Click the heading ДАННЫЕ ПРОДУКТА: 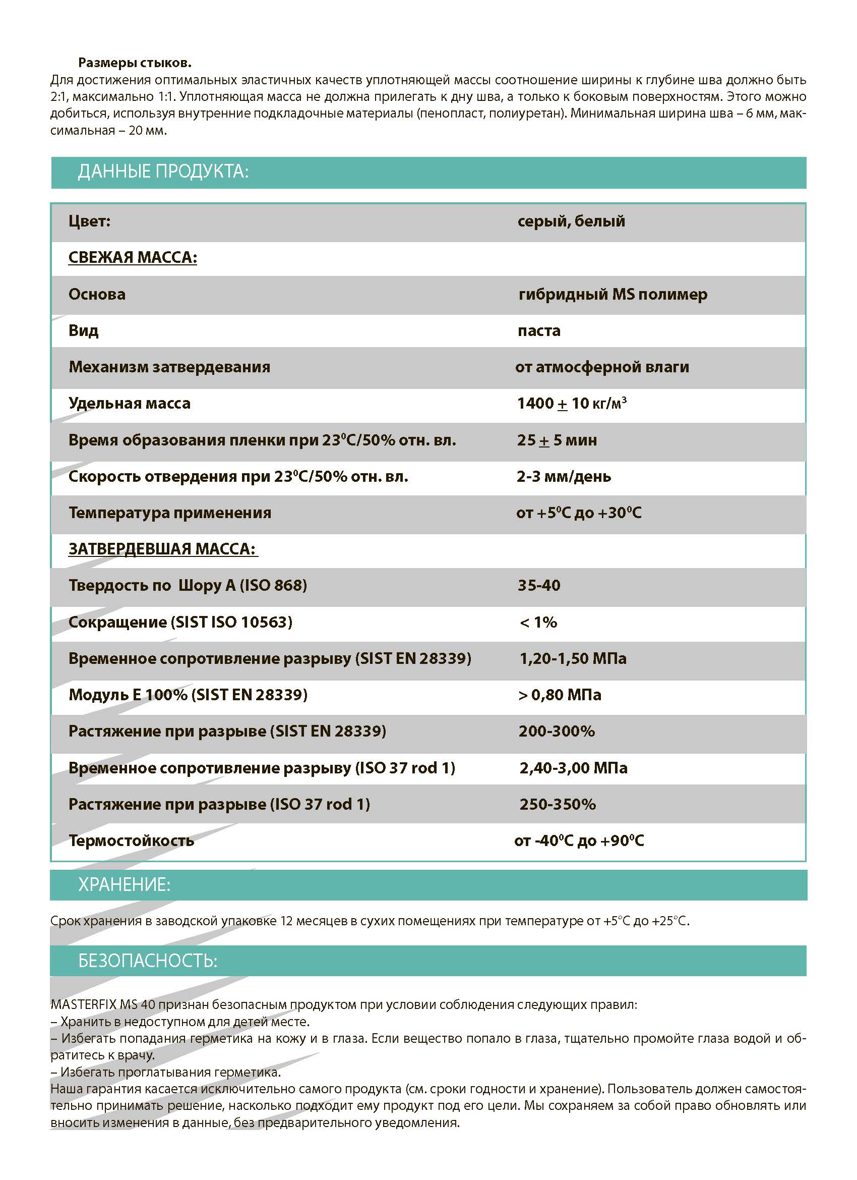pyautogui.click(x=163, y=171)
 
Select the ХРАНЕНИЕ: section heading pyautogui.click(x=124, y=884)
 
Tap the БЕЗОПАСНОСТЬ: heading pyautogui.click(x=147, y=961)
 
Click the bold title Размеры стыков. pyautogui.click(x=135, y=63)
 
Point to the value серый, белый pyautogui.click(x=571, y=221)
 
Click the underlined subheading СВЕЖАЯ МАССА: pyautogui.click(x=133, y=257)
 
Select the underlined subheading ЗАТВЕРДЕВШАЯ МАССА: pyautogui.click(x=162, y=549)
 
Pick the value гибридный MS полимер pyautogui.click(x=613, y=294)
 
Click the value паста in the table pyautogui.click(x=539, y=330)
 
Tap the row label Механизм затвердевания pyautogui.click(x=169, y=367)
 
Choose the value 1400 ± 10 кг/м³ pyautogui.click(x=572, y=403)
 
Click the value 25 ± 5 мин pyautogui.click(x=557, y=440)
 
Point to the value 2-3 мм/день pyautogui.click(x=564, y=477)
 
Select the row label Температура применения pyautogui.click(x=169, y=513)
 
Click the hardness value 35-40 pyautogui.click(x=539, y=585)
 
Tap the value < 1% pyautogui.click(x=538, y=622)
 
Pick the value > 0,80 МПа pyautogui.click(x=560, y=695)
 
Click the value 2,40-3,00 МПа pyautogui.click(x=573, y=768)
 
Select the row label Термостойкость pyautogui.click(x=131, y=841)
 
